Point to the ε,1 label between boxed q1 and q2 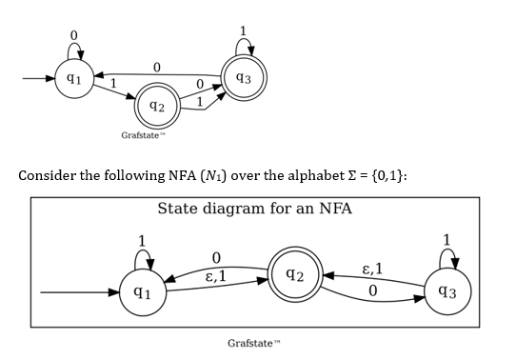coord(216,276)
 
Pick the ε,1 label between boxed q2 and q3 coord(373,269)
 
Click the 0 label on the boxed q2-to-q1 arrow coord(216,257)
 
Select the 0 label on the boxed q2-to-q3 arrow coord(373,287)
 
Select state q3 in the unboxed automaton coord(243,76)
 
